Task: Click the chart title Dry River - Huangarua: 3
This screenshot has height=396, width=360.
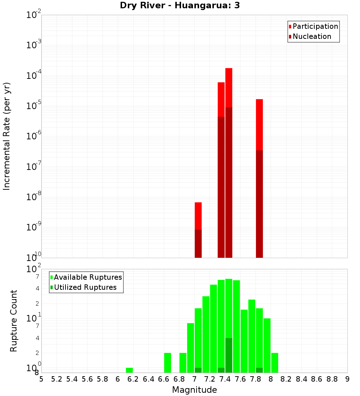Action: click(x=180, y=5)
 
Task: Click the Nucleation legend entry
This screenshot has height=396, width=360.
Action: click(x=312, y=36)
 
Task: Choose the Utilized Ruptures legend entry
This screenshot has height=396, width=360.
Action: click(x=85, y=287)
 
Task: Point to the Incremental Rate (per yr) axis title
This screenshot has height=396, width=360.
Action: click(x=6, y=136)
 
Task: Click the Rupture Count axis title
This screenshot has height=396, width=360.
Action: click(x=14, y=321)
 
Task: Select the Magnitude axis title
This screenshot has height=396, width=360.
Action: click(x=194, y=390)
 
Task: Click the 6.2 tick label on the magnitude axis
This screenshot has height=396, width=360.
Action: click(x=133, y=379)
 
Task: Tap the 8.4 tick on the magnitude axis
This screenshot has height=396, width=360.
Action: click(x=301, y=379)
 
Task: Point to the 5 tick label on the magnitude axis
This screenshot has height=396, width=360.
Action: click(x=41, y=379)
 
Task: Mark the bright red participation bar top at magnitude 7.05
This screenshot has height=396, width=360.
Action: click(x=198, y=216)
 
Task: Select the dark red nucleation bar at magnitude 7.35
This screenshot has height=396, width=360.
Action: click(x=221, y=187)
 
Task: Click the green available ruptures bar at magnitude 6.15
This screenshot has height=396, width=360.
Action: click(x=129, y=370)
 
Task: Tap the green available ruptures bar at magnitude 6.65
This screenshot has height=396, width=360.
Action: click(x=167, y=363)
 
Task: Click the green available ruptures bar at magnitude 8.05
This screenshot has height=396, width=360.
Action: click(x=275, y=363)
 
